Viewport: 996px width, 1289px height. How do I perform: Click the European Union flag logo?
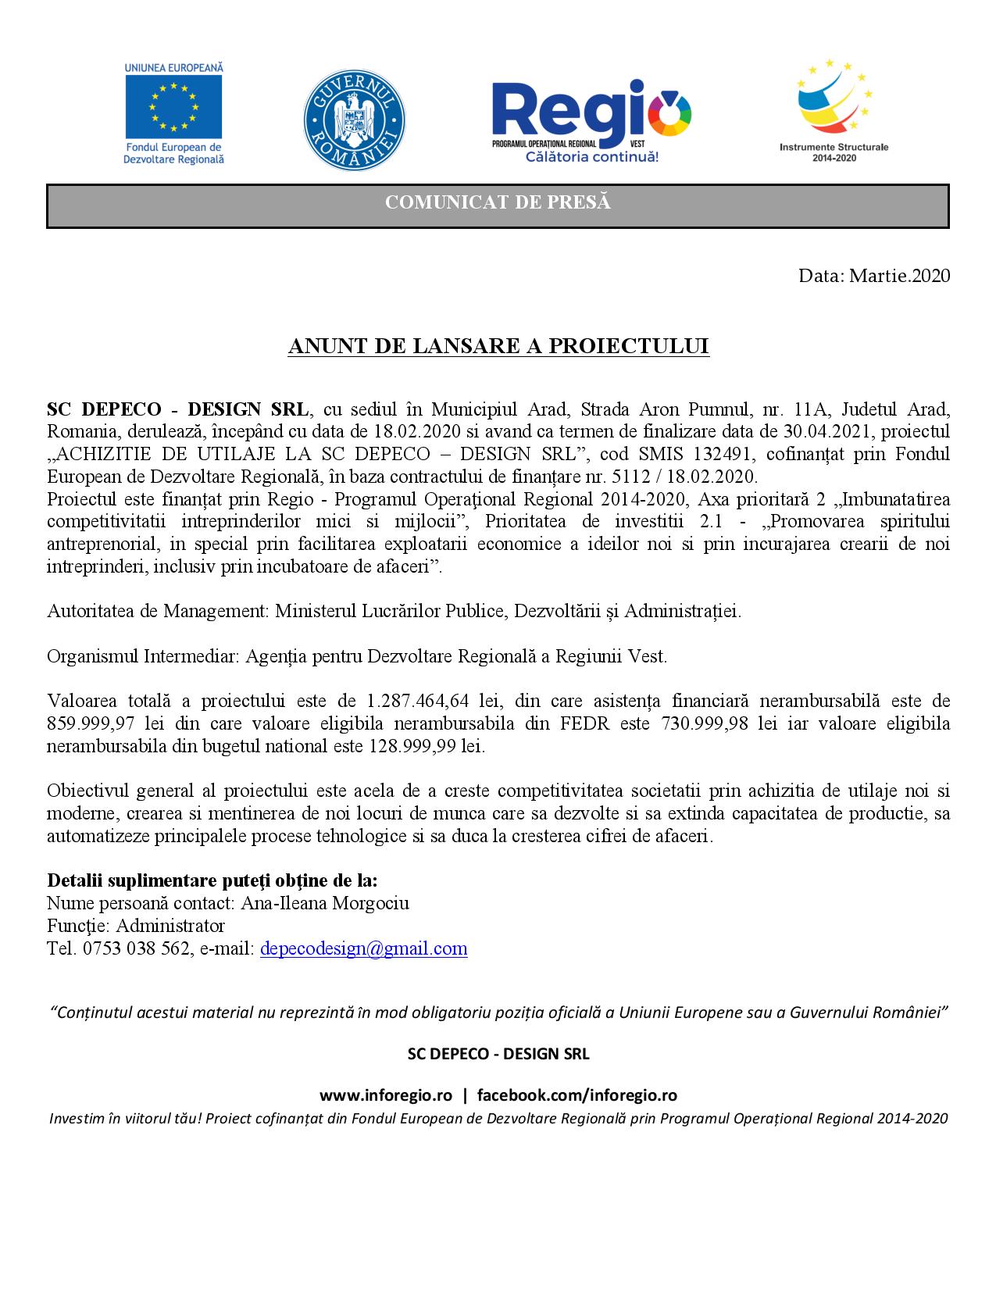tap(173, 105)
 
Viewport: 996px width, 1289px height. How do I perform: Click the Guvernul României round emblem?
tap(353, 121)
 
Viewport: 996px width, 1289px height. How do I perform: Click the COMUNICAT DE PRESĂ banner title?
tap(498, 203)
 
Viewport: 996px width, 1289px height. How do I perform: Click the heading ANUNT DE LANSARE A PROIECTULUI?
tap(498, 347)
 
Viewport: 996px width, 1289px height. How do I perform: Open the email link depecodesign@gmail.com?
tap(363, 949)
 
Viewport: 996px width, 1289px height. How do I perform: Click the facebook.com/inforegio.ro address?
tap(577, 1095)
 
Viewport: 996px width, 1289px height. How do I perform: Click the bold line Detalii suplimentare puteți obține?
tap(212, 880)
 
